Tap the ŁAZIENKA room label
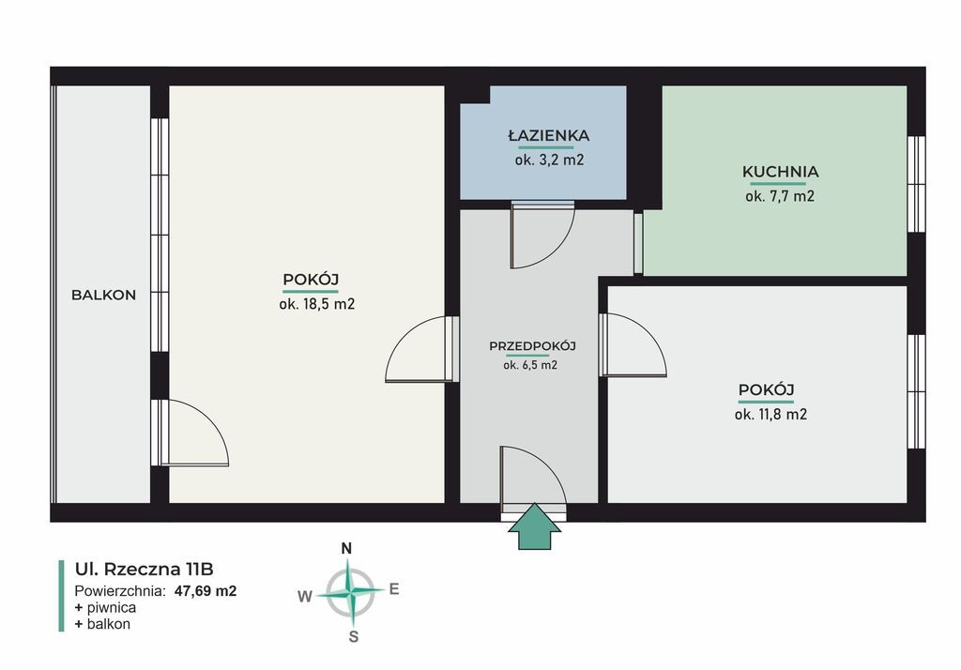pos(548,135)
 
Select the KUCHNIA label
pos(780,172)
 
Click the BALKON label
pos(103,295)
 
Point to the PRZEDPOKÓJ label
pos(533,345)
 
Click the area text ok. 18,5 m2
pos(317,304)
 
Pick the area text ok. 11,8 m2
pos(771,415)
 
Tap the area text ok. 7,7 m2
pos(780,196)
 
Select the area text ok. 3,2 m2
pos(549,160)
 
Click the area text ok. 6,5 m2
pos(530,365)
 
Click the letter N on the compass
pos(346,549)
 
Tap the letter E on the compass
pos(394,589)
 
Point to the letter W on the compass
pos(305,597)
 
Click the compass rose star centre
pos(350,592)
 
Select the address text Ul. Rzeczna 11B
pos(144,569)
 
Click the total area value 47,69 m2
pos(206,591)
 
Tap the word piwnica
pos(112,607)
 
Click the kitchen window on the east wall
pos(916,184)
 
